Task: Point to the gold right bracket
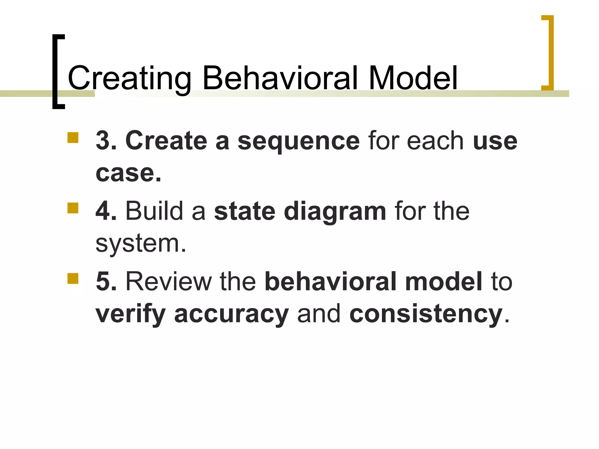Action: tap(550, 53)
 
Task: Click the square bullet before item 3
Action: tap(73, 137)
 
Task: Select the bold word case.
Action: tap(128, 173)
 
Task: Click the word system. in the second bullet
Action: tap(141, 244)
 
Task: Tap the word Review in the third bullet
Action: tap(168, 282)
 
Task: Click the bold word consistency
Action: tap(426, 314)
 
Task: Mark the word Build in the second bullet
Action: tap(154, 211)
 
